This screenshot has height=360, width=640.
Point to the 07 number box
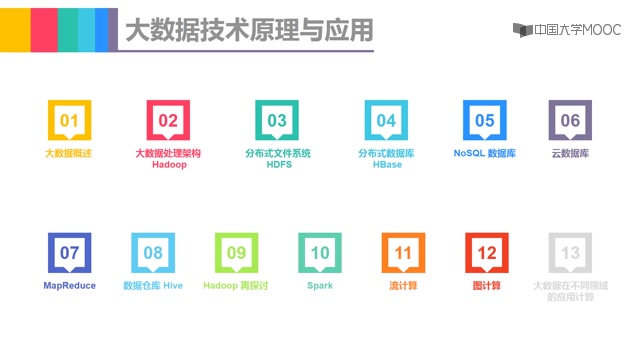[69, 253]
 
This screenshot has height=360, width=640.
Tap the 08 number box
[153, 253]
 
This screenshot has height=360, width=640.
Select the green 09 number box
[236, 253]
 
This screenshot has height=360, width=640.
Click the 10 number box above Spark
[320, 253]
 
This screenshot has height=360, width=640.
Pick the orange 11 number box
[403, 253]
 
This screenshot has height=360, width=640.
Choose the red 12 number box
[487, 253]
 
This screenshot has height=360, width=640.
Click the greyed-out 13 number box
[570, 253]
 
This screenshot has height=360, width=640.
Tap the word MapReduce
[69, 285]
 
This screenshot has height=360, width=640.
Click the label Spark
[320, 285]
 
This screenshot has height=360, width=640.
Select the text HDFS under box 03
[278, 165]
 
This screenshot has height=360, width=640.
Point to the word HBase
[386, 165]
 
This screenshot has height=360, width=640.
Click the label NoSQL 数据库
[484, 154]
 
